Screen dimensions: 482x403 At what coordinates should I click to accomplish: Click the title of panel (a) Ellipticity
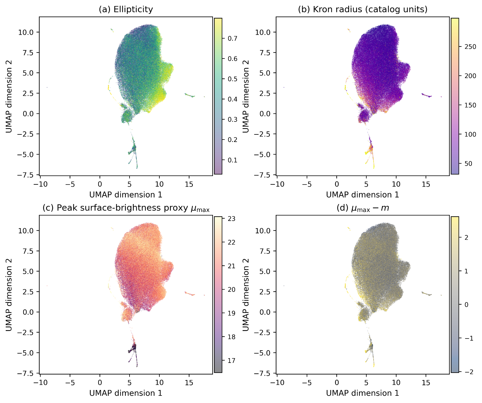pyautogui.click(x=126, y=9)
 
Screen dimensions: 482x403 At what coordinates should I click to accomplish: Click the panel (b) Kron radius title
pyautogui.click(x=363, y=9)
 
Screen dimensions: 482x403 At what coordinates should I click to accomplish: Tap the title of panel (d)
pyautogui.click(x=363, y=208)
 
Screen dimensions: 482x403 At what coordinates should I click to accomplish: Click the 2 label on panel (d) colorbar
pyautogui.click(x=466, y=238)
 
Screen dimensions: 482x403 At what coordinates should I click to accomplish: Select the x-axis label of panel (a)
pyautogui.click(x=126, y=195)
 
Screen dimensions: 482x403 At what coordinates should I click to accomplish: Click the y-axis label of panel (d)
pyautogui.click(x=246, y=294)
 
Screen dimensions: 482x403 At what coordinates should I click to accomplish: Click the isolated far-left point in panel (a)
pyautogui.click(x=47, y=87)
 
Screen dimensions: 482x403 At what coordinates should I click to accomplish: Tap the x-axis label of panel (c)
pyautogui.click(x=126, y=393)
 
